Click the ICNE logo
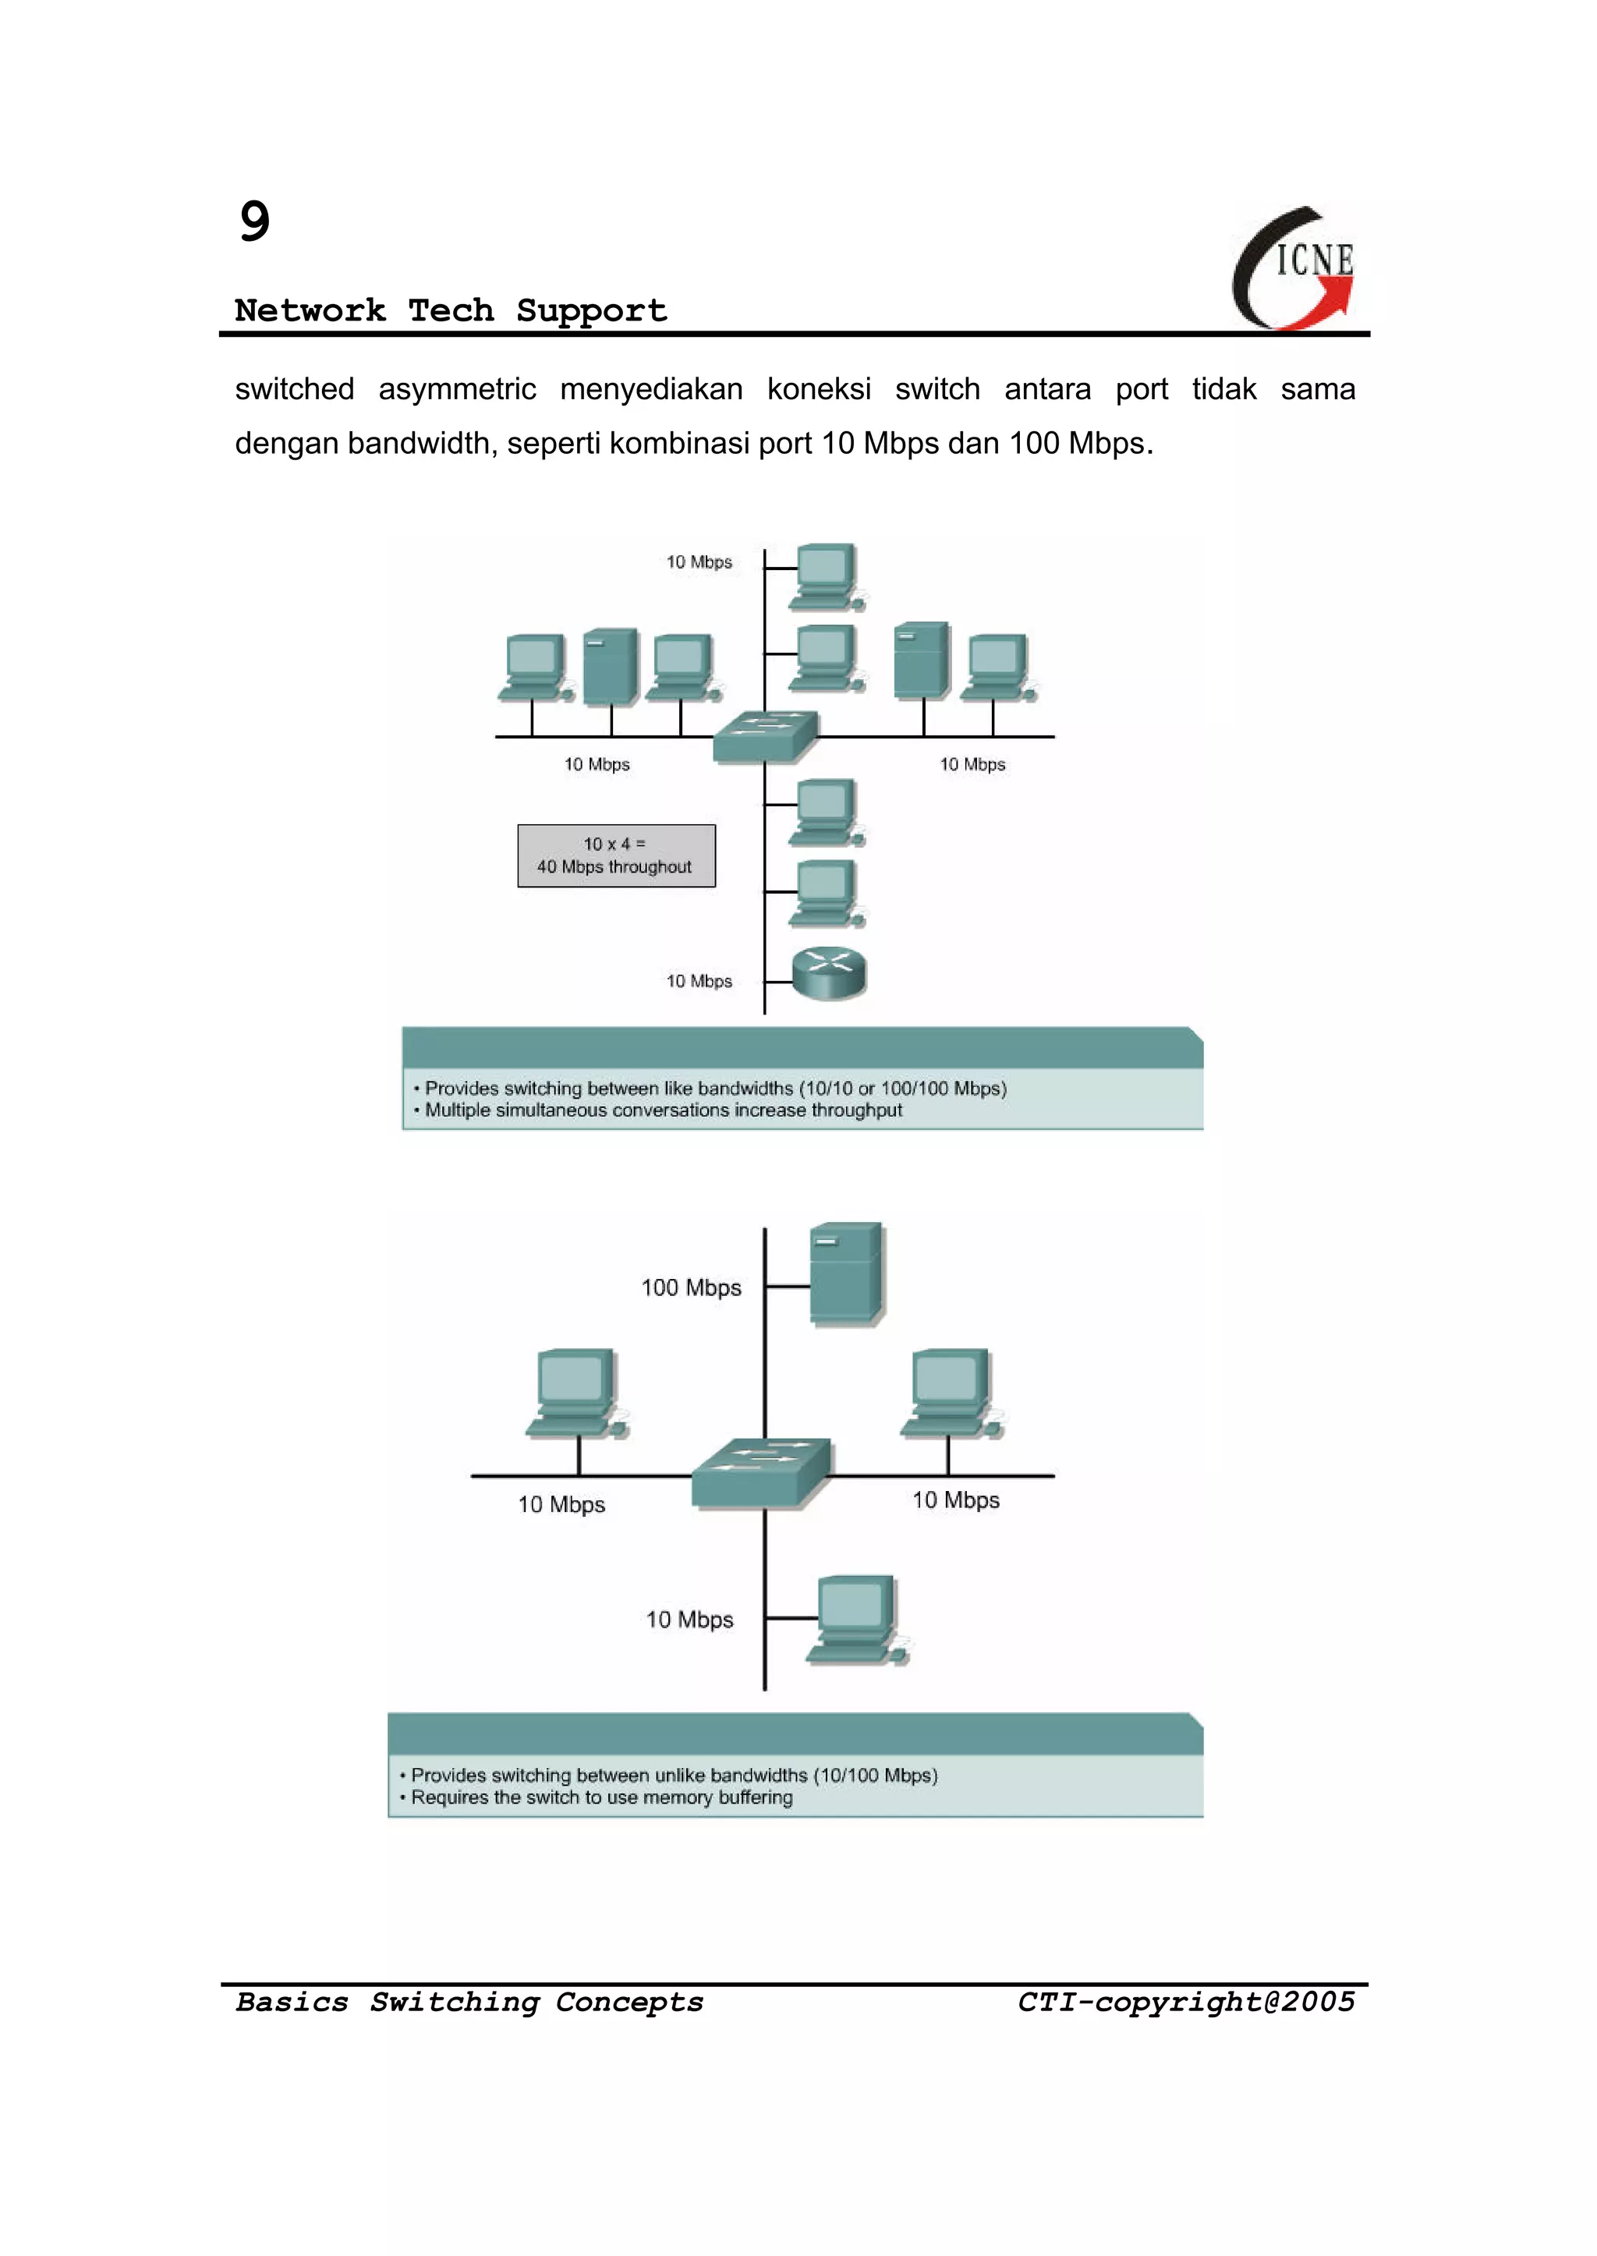coord(1295,267)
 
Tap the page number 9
coord(255,221)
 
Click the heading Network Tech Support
coord(451,311)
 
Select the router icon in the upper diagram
coord(829,972)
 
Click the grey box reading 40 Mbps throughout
coord(617,855)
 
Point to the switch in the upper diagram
coord(765,735)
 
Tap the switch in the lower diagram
coord(762,1473)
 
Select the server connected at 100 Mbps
coord(846,1273)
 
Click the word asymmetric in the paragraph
coord(457,389)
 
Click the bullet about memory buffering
coord(601,1797)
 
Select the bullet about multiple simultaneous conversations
coord(663,1110)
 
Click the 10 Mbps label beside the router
coord(699,982)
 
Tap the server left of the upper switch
coord(611,667)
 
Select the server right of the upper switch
coord(922,660)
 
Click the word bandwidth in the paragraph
coord(424,444)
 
